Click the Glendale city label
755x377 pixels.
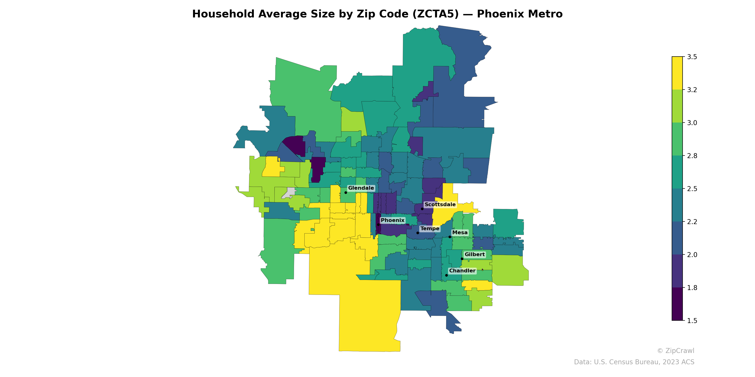click(x=361, y=188)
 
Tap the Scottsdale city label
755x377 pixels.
click(x=440, y=205)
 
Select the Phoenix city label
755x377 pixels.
click(x=392, y=220)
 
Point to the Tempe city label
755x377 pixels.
click(x=430, y=229)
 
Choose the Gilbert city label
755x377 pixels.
click(x=474, y=255)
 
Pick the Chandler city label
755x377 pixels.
click(x=462, y=271)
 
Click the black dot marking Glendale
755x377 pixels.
click(x=346, y=193)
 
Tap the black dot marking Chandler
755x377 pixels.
click(x=446, y=275)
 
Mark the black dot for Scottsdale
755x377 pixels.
click(x=422, y=209)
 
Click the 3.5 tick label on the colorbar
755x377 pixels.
click(x=692, y=57)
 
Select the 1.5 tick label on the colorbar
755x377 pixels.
click(x=692, y=321)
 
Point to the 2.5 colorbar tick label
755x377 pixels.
click(x=692, y=189)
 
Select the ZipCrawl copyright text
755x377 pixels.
click(x=675, y=351)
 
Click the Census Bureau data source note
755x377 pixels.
click(x=634, y=362)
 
